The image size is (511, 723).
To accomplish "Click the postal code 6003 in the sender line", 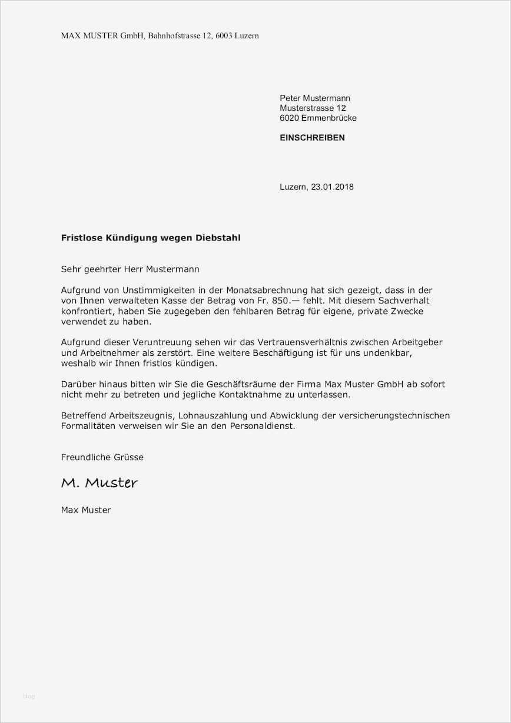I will [224, 36].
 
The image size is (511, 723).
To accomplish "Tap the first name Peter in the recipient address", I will [290, 98].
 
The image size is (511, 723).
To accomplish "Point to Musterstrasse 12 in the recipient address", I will [313, 108].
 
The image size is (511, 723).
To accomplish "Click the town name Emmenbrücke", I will [328, 118].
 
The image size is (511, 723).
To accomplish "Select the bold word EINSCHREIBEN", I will [312, 137].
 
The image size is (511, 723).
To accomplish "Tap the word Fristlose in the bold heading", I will [82, 237].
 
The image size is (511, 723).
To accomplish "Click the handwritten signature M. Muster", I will [99, 483].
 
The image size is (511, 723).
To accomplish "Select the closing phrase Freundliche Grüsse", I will [102, 457].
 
